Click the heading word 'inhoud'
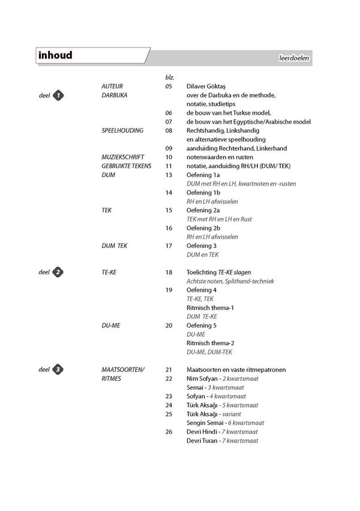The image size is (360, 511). click(55, 56)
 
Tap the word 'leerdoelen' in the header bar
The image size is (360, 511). click(293, 58)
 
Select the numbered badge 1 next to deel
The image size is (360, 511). click(58, 95)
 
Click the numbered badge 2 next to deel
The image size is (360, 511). click(58, 272)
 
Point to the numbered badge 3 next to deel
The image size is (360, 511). click(58, 369)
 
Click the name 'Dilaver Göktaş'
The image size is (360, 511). click(209, 86)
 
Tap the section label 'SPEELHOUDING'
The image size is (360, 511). click(122, 130)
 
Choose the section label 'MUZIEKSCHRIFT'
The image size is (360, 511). click(123, 156)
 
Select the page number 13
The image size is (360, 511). click(169, 174)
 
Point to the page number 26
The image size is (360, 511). click(169, 431)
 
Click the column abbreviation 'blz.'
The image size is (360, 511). click(169, 77)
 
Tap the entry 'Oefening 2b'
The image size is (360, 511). click(203, 228)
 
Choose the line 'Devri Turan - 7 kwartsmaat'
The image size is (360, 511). click(222, 440)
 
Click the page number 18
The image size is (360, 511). click(169, 272)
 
